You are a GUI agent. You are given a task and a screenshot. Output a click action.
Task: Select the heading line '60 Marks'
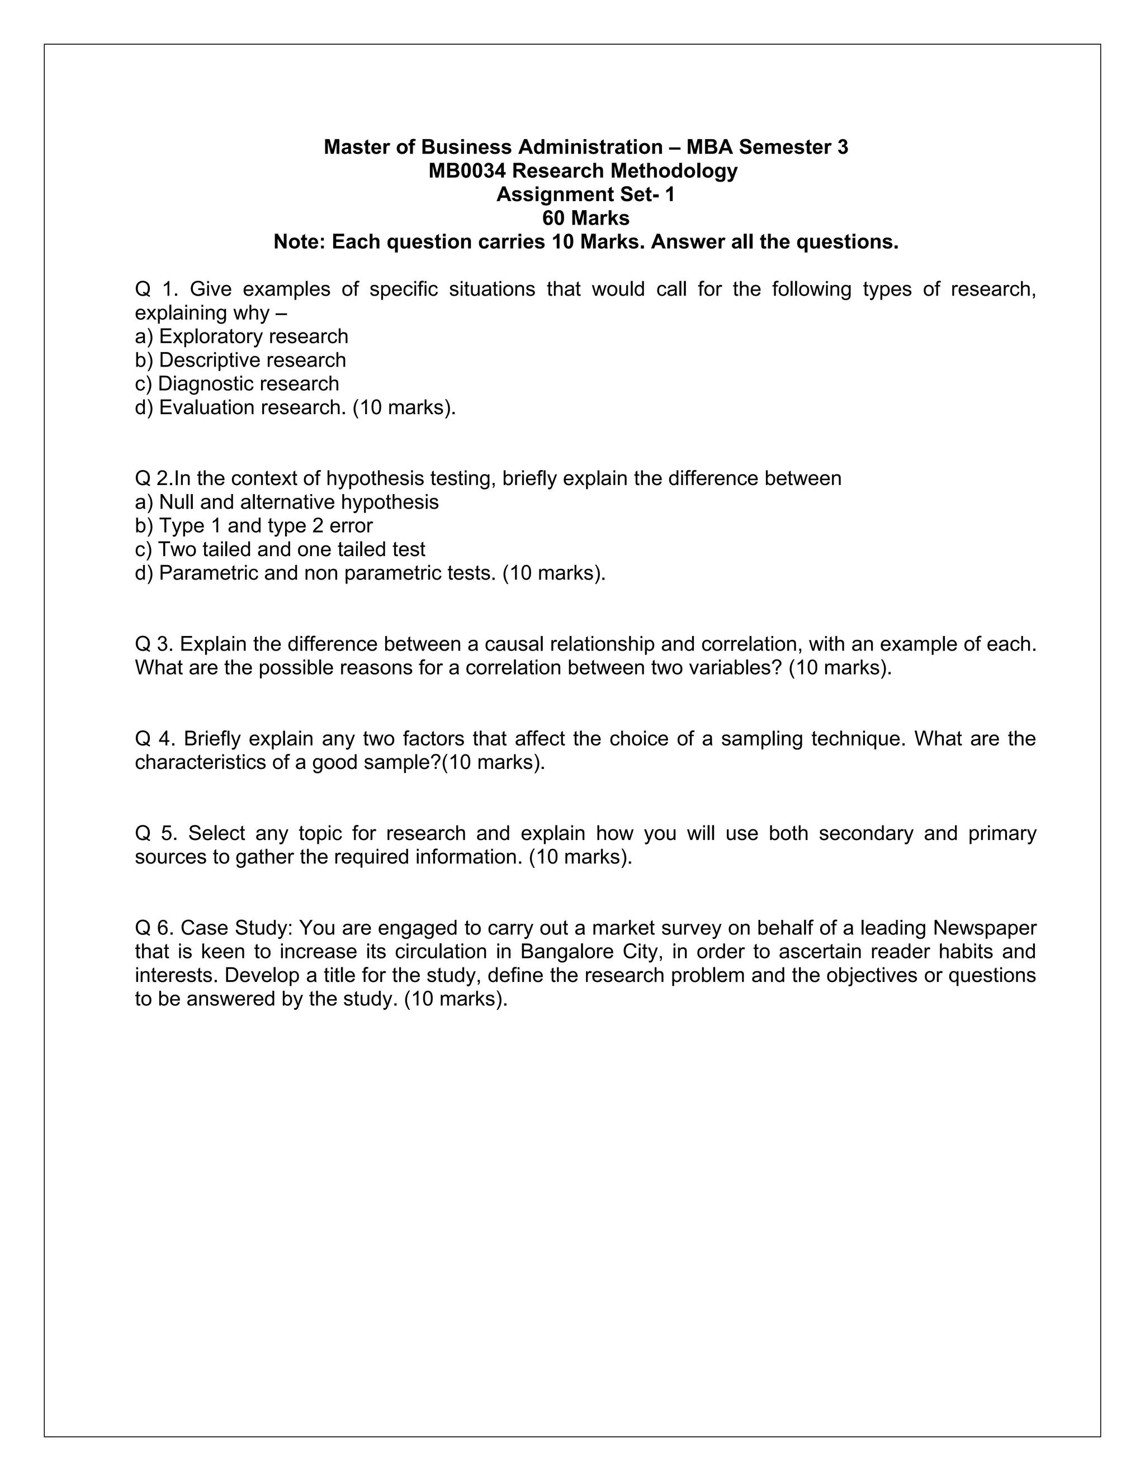click(586, 219)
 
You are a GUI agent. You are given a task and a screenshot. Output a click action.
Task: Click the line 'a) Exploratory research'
click(242, 336)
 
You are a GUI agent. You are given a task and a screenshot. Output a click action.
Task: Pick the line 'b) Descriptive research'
click(241, 360)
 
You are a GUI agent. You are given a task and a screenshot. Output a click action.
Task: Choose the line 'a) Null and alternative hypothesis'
click(287, 502)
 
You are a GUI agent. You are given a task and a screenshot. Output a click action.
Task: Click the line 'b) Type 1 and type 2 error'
click(254, 526)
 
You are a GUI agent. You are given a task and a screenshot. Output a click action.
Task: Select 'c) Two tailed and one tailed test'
click(280, 549)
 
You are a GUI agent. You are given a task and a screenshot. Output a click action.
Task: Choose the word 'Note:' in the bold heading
click(299, 242)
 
